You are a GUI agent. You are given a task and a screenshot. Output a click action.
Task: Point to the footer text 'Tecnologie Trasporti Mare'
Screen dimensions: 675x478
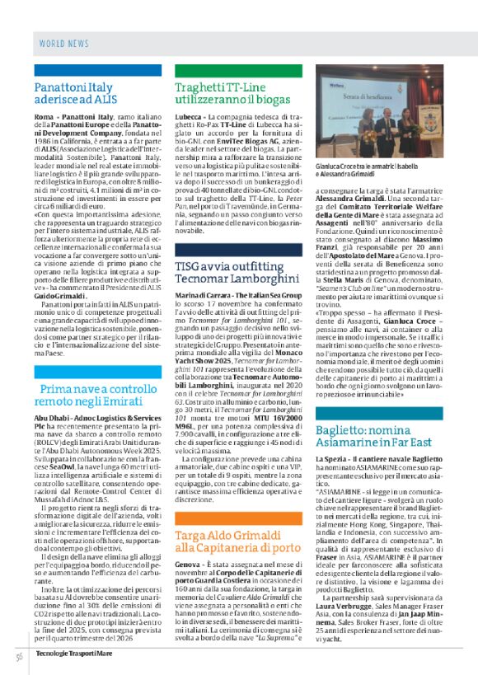click(73, 654)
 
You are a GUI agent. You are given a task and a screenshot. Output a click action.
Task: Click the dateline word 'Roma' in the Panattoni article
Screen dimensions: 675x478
click(43, 118)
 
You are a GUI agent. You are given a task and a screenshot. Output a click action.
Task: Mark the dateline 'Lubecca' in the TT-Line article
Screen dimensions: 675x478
click(189, 118)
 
